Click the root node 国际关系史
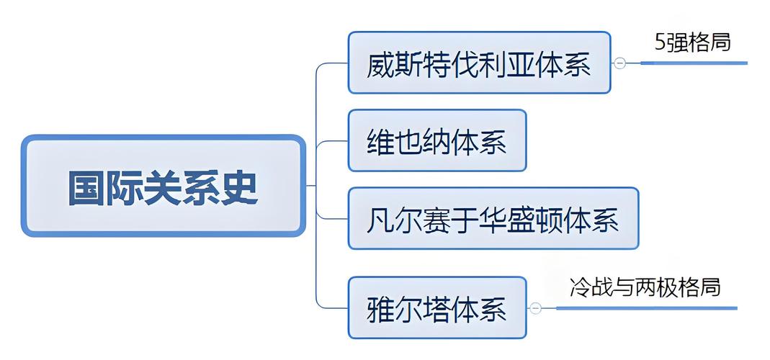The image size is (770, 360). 163,186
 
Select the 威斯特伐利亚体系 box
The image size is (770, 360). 479,63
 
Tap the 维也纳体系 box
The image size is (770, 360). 437,140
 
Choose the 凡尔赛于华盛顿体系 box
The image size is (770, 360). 493,218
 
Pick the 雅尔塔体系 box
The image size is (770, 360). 437,307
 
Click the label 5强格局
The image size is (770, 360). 692,42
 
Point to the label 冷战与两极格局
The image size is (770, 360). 645,287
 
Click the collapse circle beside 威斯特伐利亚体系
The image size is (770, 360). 619,63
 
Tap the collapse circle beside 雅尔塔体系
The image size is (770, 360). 535,308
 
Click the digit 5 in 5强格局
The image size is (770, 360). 661,42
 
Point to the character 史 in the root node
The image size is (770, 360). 239,188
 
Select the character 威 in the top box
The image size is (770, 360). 380,65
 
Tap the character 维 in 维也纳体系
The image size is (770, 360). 380,142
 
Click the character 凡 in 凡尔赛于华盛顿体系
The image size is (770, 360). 380,220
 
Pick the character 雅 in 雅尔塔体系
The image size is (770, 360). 380,310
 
